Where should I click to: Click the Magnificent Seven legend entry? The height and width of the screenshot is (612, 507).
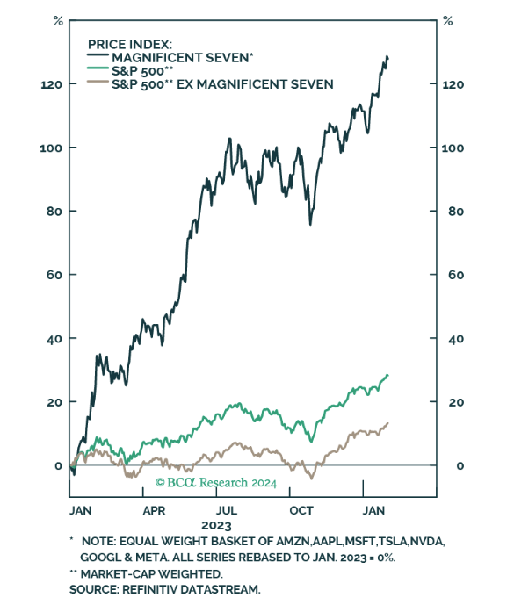point(181,57)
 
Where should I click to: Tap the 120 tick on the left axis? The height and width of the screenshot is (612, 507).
point(50,84)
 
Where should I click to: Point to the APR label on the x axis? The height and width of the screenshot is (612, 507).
point(155,509)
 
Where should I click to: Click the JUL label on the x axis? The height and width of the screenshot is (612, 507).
point(228,509)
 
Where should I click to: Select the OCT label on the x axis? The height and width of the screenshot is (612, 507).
point(301,509)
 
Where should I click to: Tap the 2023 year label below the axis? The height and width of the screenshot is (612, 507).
point(216,525)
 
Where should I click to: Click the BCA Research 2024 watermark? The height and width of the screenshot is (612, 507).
point(216,482)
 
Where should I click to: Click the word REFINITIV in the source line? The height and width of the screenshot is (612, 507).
point(152,591)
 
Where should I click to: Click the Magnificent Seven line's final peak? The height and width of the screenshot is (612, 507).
point(386,57)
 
